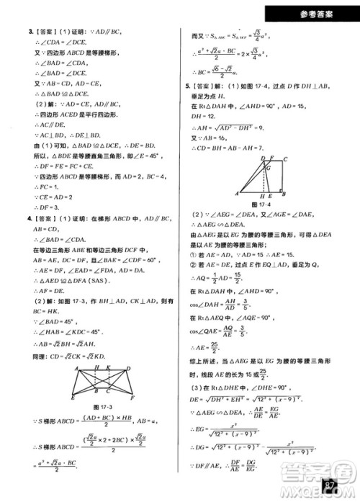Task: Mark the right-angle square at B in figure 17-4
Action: (284, 191)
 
